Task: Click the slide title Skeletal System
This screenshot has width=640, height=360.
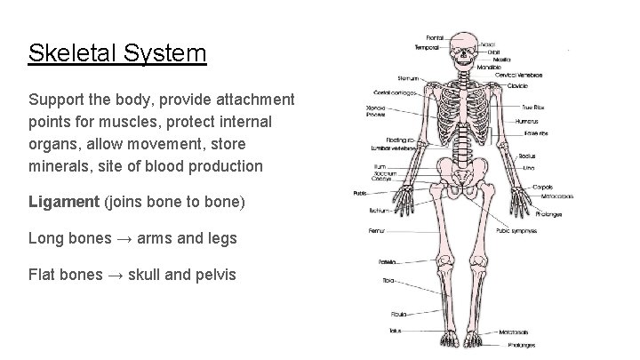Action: pyautogui.click(x=116, y=53)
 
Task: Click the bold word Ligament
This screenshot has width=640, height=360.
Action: pyautogui.click(x=65, y=202)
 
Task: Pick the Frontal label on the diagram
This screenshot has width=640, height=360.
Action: pyautogui.click(x=436, y=36)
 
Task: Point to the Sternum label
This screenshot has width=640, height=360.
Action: pyautogui.click(x=408, y=77)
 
